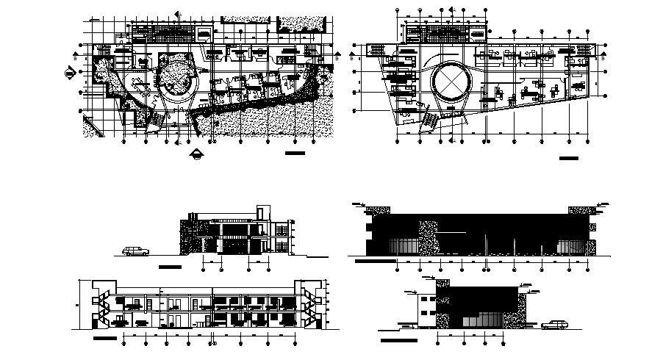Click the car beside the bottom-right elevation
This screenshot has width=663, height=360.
coord(552,324)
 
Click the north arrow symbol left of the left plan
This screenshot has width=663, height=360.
coord(70,71)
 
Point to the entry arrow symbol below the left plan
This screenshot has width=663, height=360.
coord(196,153)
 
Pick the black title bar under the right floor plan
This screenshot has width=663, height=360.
coord(569,158)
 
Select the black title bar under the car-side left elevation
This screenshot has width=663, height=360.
coord(173,266)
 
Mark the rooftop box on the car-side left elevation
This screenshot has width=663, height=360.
coord(263,212)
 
